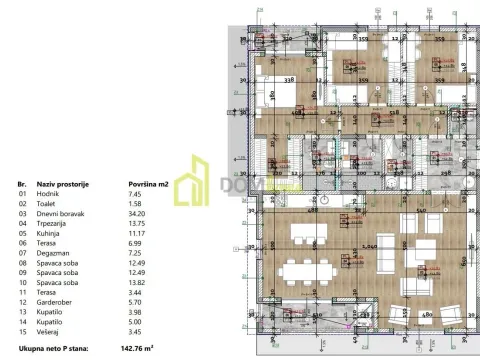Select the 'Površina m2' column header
tap(152, 185)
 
